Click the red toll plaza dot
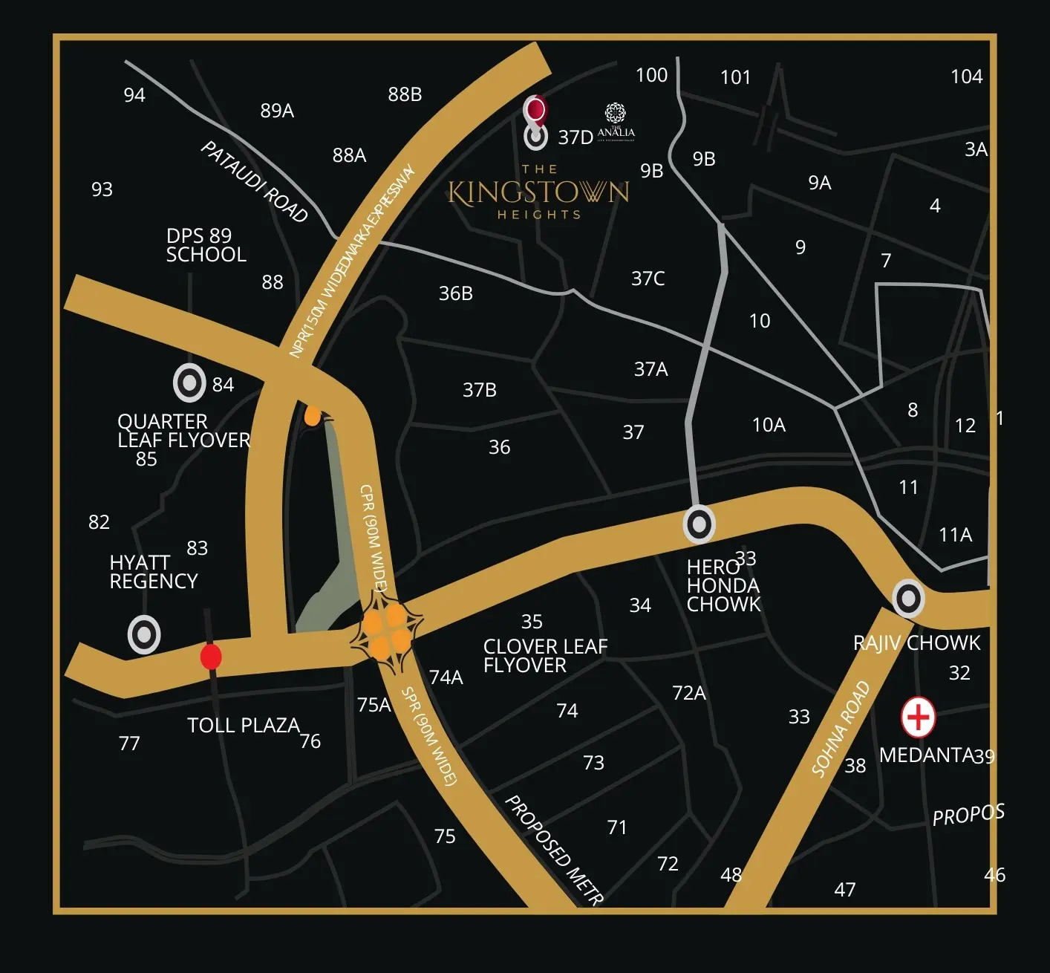point(211,657)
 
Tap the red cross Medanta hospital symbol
point(918,717)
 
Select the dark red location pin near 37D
point(535,111)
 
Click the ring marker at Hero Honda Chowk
point(699,524)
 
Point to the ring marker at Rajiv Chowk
point(908,598)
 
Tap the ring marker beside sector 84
point(189,383)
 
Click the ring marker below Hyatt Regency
point(144,635)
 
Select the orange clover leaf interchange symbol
point(386,631)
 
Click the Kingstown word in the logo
point(538,193)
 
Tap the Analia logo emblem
point(616,114)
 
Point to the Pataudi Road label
point(254,182)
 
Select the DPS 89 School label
point(206,245)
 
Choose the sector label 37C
point(648,279)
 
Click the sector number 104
point(966,77)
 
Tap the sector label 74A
point(446,677)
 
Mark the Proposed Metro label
point(553,849)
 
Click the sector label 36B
point(455,293)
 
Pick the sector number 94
point(134,95)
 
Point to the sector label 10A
point(769,425)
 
